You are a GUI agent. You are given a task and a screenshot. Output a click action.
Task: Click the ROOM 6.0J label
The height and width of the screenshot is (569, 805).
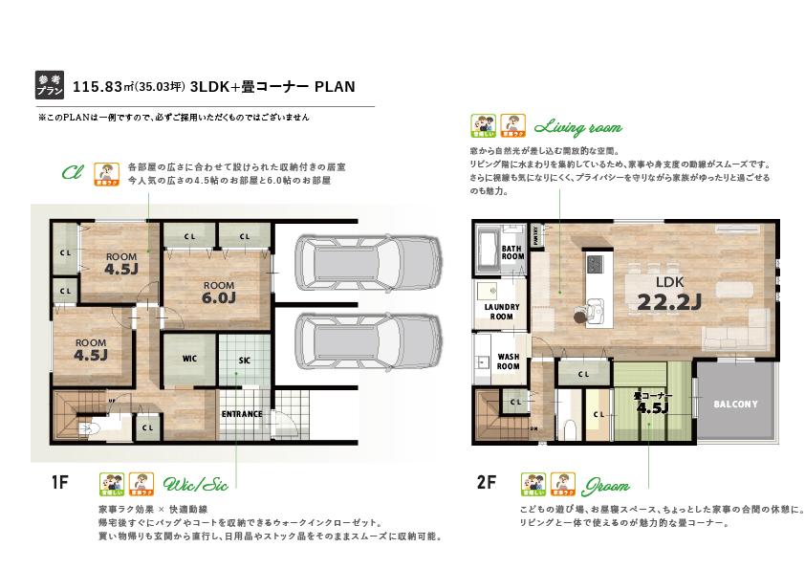pyautogui.click(x=219, y=293)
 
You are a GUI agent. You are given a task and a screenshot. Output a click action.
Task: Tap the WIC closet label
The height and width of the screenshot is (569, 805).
pyautogui.click(x=189, y=360)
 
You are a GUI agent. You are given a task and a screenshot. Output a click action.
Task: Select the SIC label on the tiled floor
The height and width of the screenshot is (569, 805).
pyautogui.click(x=244, y=360)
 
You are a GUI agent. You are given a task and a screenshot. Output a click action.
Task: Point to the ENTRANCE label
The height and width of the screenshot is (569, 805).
pyautogui.click(x=243, y=414)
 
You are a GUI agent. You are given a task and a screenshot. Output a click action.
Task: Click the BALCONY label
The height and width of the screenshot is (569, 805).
pyautogui.click(x=735, y=405)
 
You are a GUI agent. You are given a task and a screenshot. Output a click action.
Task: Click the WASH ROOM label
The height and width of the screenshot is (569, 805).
pyautogui.click(x=508, y=361)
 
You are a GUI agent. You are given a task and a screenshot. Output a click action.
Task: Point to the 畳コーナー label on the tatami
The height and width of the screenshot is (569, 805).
pyautogui.click(x=654, y=394)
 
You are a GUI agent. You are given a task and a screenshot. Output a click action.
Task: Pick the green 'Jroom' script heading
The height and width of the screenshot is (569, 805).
pyautogui.click(x=605, y=482)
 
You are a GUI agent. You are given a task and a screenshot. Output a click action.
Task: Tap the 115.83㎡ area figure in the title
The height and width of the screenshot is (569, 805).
pyautogui.click(x=104, y=86)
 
